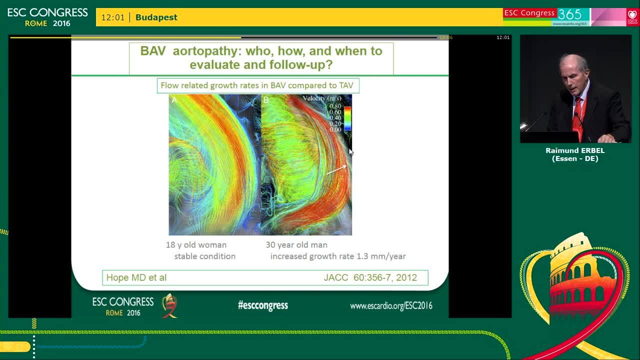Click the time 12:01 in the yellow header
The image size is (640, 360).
click(x=112, y=17)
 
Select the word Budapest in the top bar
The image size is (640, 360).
click(x=156, y=17)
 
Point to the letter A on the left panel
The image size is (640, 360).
click(x=174, y=100)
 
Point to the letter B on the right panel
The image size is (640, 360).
click(x=266, y=100)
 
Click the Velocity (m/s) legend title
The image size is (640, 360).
click(x=322, y=98)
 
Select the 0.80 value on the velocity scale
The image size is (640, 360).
click(x=335, y=106)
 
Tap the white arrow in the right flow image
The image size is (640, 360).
click(x=336, y=170)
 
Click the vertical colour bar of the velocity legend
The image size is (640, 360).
click(x=347, y=118)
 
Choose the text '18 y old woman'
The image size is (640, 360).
click(x=196, y=245)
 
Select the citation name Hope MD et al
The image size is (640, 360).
click(x=136, y=277)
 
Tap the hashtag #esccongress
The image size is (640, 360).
click(x=263, y=305)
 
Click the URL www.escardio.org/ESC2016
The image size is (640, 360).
click(x=391, y=306)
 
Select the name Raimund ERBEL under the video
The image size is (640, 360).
click(x=575, y=150)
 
